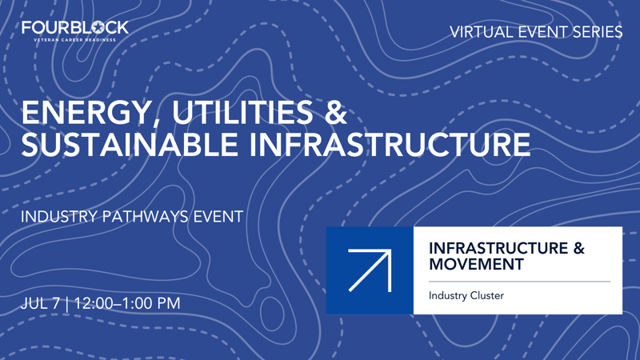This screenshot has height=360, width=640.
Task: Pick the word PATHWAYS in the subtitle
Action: [146, 216]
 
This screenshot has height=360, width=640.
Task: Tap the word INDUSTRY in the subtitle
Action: [58, 216]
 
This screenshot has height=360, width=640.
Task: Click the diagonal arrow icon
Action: [370, 270]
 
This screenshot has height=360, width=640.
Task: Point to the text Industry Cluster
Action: [466, 296]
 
